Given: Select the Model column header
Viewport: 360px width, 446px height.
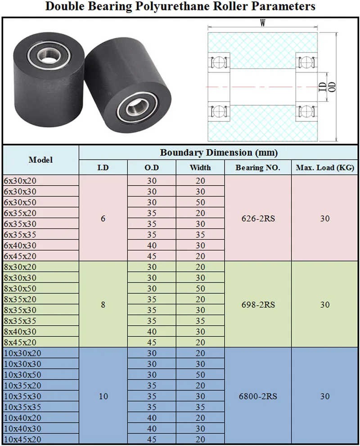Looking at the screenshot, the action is (x=40, y=160).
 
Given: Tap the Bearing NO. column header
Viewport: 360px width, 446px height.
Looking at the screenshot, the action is (x=258, y=168).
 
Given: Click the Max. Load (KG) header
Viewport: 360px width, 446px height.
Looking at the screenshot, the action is (x=325, y=168).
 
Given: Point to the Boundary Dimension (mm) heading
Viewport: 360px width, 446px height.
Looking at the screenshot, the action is (x=219, y=152).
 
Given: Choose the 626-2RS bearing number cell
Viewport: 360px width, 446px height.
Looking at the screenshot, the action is (x=258, y=219).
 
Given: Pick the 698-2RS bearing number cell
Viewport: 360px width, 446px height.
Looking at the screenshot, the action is (x=258, y=305).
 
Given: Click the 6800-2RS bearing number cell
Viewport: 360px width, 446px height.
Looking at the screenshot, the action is (x=258, y=396).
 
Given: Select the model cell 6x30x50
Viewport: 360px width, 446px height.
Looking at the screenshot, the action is (x=20, y=202).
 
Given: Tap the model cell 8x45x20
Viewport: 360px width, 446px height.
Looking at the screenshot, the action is (x=20, y=342).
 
